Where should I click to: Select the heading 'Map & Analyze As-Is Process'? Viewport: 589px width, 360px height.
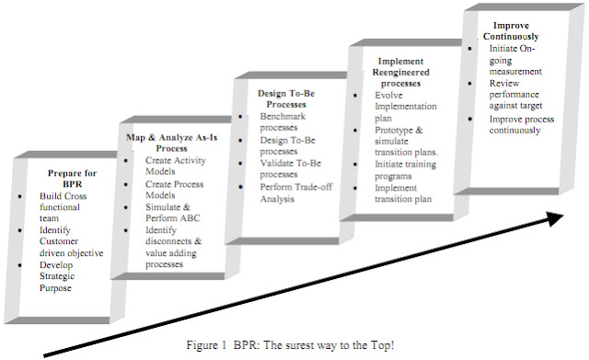pos(171,142)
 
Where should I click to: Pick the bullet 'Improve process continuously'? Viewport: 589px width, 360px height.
pos(522,124)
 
